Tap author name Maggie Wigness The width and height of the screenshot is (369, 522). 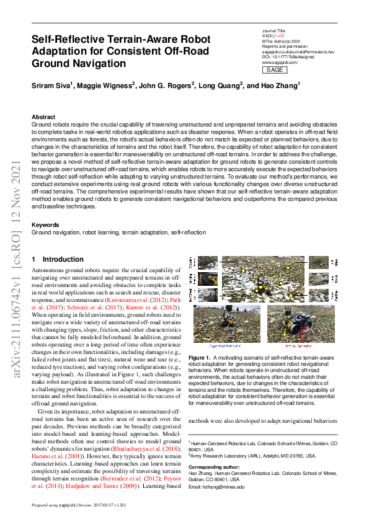pos(104,86)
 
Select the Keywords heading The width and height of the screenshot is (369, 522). pos(47,224)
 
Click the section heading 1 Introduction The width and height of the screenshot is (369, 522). pos(58,260)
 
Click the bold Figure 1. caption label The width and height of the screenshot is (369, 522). pos(200,358)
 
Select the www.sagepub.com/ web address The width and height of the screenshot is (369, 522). pos(280,63)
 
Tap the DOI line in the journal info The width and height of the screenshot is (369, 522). pos(288,57)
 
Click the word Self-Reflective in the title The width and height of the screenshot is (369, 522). pos(70,40)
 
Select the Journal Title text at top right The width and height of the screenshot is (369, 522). pos(273,30)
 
